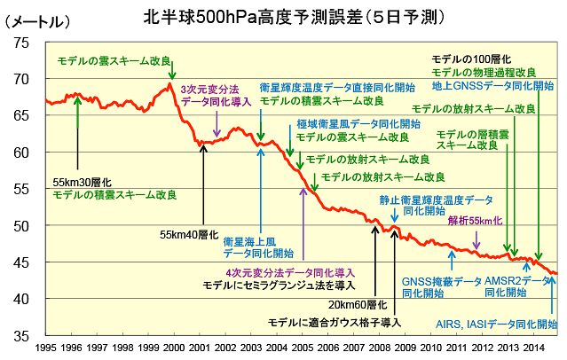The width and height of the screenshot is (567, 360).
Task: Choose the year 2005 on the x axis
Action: tap(302, 349)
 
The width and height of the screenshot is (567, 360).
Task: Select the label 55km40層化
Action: tap(189, 235)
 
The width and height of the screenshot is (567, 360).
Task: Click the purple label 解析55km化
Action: tap(475, 221)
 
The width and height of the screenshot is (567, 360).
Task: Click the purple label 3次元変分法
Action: tap(209, 89)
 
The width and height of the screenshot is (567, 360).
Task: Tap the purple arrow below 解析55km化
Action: tap(477, 238)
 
